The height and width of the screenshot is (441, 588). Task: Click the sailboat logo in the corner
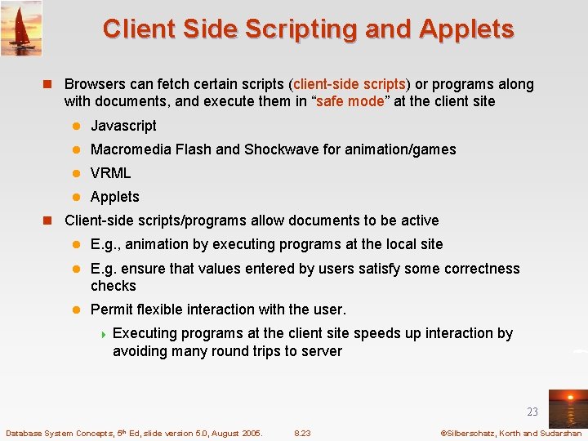(x=21, y=28)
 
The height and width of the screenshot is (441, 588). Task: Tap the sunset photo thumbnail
(x=567, y=408)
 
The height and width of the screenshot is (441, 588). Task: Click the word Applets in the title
(x=466, y=29)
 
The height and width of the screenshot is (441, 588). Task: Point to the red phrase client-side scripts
(x=350, y=84)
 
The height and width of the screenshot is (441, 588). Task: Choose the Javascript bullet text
(x=123, y=126)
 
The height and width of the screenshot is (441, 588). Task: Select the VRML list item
(x=110, y=173)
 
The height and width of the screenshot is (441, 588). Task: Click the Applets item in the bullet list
(x=114, y=197)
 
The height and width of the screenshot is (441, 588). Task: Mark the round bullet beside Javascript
(x=77, y=126)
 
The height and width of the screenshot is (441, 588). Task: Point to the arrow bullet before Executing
(x=103, y=333)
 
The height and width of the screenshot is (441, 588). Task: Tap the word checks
(x=113, y=286)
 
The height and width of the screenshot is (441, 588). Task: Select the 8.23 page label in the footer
(x=302, y=433)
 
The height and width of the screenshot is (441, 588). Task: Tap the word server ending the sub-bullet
(x=322, y=351)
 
